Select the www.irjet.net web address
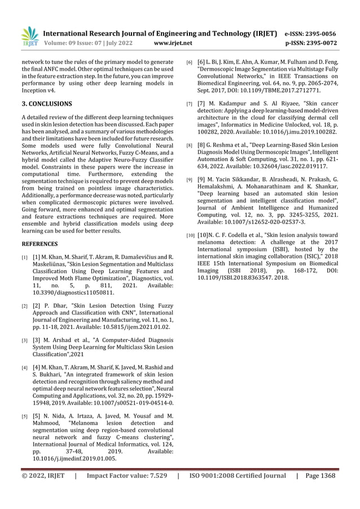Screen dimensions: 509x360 pyautogui.click(x=173, y=42)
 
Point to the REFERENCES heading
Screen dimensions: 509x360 pyautogui.click(x=39, y=244)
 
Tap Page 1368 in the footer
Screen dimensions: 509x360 pyautogui.click(x=319, y=476)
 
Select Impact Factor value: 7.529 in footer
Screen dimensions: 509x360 pyautogui.click(x=126, y=476)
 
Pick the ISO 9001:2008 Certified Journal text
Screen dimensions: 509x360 pyautogui.click(x=238, y=476)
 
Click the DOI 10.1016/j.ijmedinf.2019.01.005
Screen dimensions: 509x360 pyautogui.click(x=74, y=459)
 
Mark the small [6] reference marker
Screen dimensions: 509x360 pyautogui.click(x=190, y=61)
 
